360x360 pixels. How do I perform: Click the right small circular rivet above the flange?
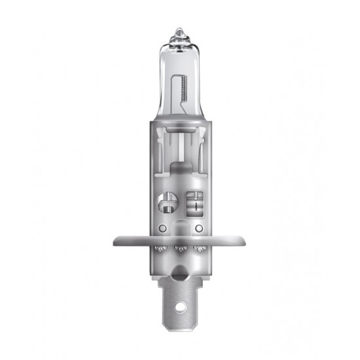pos(200,228)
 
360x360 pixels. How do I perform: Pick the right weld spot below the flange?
pos(200,249)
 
